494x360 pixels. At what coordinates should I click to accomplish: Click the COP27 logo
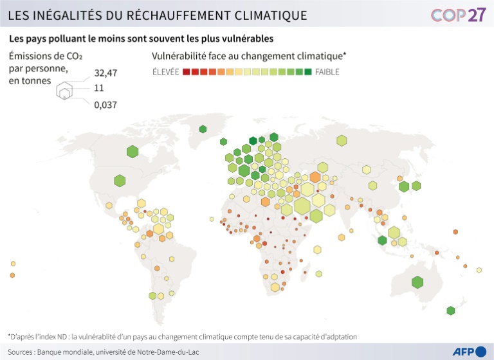click(x=458, y=15)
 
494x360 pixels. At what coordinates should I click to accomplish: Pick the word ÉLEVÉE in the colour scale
click(x=165, y=72)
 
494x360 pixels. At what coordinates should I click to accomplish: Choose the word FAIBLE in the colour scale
click(x=327, y=72)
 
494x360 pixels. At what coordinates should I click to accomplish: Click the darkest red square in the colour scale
click(x=186, y=72)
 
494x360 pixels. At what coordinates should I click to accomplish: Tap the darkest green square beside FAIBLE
click(x=307, y=72)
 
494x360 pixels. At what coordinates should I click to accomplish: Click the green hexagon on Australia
click(x=417, y=282)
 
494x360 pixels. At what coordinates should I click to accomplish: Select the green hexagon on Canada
click(x=133, y=152)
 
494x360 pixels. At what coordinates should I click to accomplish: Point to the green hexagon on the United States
click(x=120, y=181)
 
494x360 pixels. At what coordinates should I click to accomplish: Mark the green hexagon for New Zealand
click(x=450, y=311)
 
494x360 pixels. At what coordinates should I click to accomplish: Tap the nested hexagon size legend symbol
click(x=64, y=91)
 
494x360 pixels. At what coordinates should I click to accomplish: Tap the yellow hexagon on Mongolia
click(x=366, y=170)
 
